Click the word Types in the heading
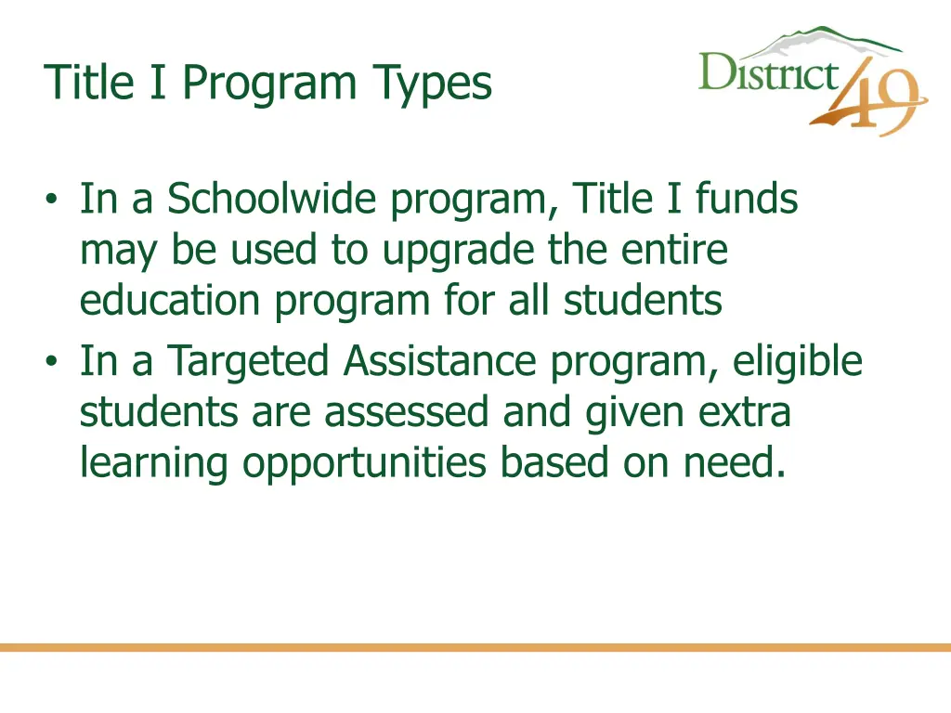pyautogui.click(x=432, y=84)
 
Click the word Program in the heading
pyautogui.click(x=268, y=84)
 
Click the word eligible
pyautogui.click(x=798, y=362)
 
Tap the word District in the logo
pyautogui.click(x=768, y=72)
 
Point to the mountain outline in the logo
pyautogui.click(x=817, y=40)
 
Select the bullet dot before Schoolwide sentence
pyautogui.click(x=52, y=201)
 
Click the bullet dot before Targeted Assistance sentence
pyautogui.click(x=52, y=362)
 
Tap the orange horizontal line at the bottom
pyautogui.click(x=475, y=647)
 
